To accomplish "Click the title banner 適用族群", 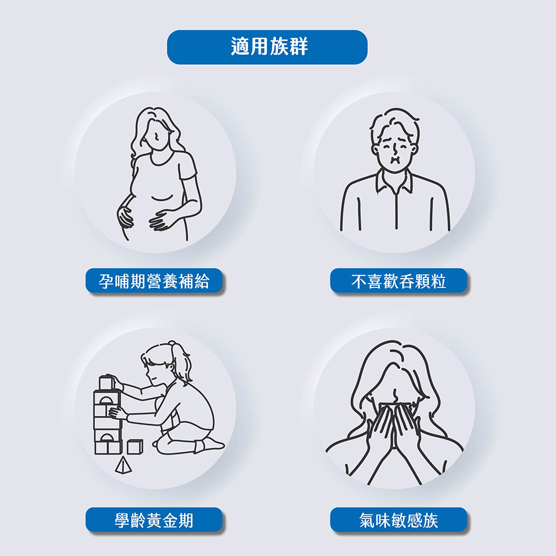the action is click(267, 47).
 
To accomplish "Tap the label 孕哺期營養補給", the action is click(154, 281).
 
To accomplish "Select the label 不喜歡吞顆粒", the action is click(398, 281).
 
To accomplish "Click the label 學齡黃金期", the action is click(154, 520).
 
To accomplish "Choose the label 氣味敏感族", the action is click(398, 520).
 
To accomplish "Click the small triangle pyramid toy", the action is click(123, 465).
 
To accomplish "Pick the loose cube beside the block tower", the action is click(135, 447).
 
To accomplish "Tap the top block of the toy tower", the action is click(107, 382).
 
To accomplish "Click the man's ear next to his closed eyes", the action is click(375, 149).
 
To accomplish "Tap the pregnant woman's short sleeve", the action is click(187, 167).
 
